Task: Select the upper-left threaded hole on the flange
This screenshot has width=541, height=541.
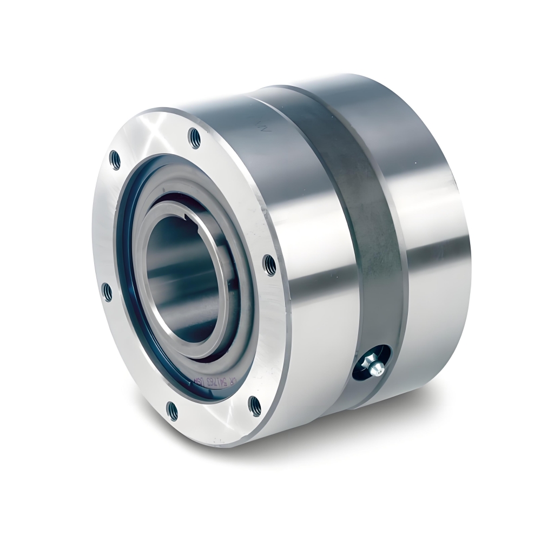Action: pyautogui.click(x=115, y=159)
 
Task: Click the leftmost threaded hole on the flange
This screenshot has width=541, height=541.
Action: pyautogui.click(x=108, y=293)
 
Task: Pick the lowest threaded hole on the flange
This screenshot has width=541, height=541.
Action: pyautogui.click(x=173, y=411)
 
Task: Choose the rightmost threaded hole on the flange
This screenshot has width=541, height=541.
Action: pyautogui.click(x=269, y=265)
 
